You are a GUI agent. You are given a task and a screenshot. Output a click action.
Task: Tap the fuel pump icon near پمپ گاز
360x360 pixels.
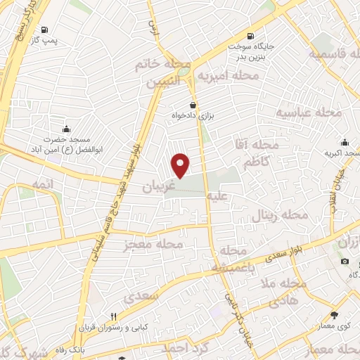click(46, 30)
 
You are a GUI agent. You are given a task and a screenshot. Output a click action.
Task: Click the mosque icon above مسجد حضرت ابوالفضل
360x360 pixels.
click(66, 128)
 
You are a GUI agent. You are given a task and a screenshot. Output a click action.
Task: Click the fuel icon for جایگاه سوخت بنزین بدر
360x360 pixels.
click(249, 37)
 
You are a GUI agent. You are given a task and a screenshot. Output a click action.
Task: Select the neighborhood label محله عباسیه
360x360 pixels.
click(308, 112)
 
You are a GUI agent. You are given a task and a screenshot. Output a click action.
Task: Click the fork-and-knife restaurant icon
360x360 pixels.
click(112, 316)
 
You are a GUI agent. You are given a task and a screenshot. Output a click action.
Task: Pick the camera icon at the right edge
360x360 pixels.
click(345, 262)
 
